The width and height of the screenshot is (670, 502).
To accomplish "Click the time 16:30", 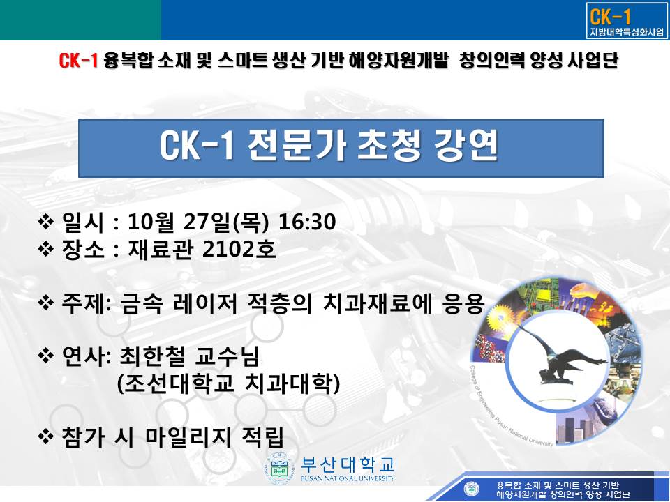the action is [x=307, y=222].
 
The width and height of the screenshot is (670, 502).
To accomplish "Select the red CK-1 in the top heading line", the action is [x=78, y=61].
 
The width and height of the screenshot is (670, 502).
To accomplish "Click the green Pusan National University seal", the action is [x=281, y=469].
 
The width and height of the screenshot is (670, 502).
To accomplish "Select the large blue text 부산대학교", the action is [x=348, y=464].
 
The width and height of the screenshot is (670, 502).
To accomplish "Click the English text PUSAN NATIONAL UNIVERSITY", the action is [x=348, y=478].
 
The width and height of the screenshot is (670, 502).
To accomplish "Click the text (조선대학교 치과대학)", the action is [x=229, y=383].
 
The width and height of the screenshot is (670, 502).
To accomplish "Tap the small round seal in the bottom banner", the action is [x=471, y=488].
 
